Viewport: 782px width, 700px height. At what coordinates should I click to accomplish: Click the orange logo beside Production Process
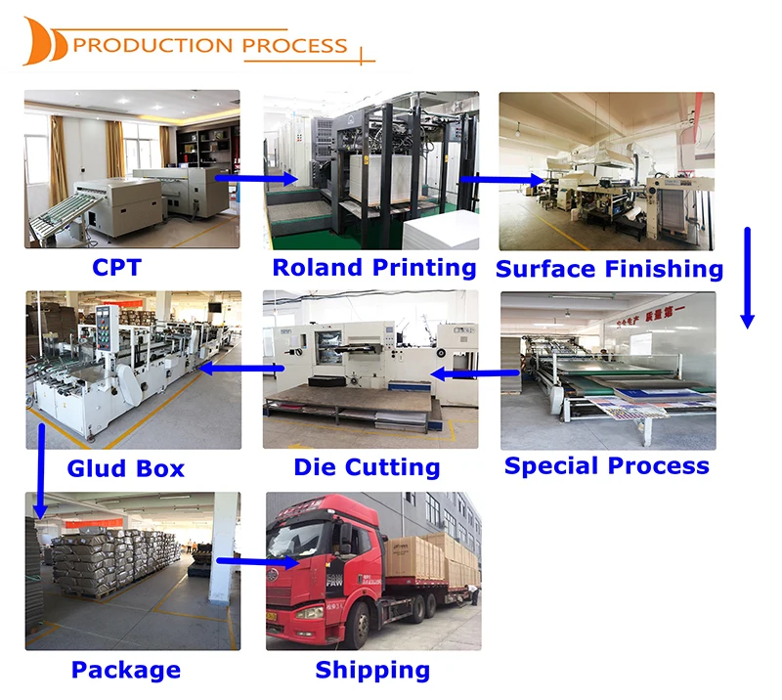pos(45,42)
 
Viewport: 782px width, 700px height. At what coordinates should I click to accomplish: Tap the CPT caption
pos(116,266)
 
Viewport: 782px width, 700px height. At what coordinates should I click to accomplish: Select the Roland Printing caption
pos(374,267)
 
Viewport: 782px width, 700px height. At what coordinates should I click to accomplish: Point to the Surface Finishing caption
pos(609,268)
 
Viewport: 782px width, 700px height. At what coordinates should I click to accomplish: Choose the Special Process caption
pos(607,465)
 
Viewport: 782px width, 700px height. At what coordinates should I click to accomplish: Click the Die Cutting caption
pos(367,467)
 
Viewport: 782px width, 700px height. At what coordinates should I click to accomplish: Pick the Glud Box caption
pos(125,468)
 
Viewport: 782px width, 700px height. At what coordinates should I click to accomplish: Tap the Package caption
pos(125,670)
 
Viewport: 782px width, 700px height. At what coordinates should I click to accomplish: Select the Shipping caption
pos(372,670)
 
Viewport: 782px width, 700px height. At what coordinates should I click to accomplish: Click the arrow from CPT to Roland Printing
pos(256,178)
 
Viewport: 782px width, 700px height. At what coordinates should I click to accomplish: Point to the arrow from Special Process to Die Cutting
pos(466,372)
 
